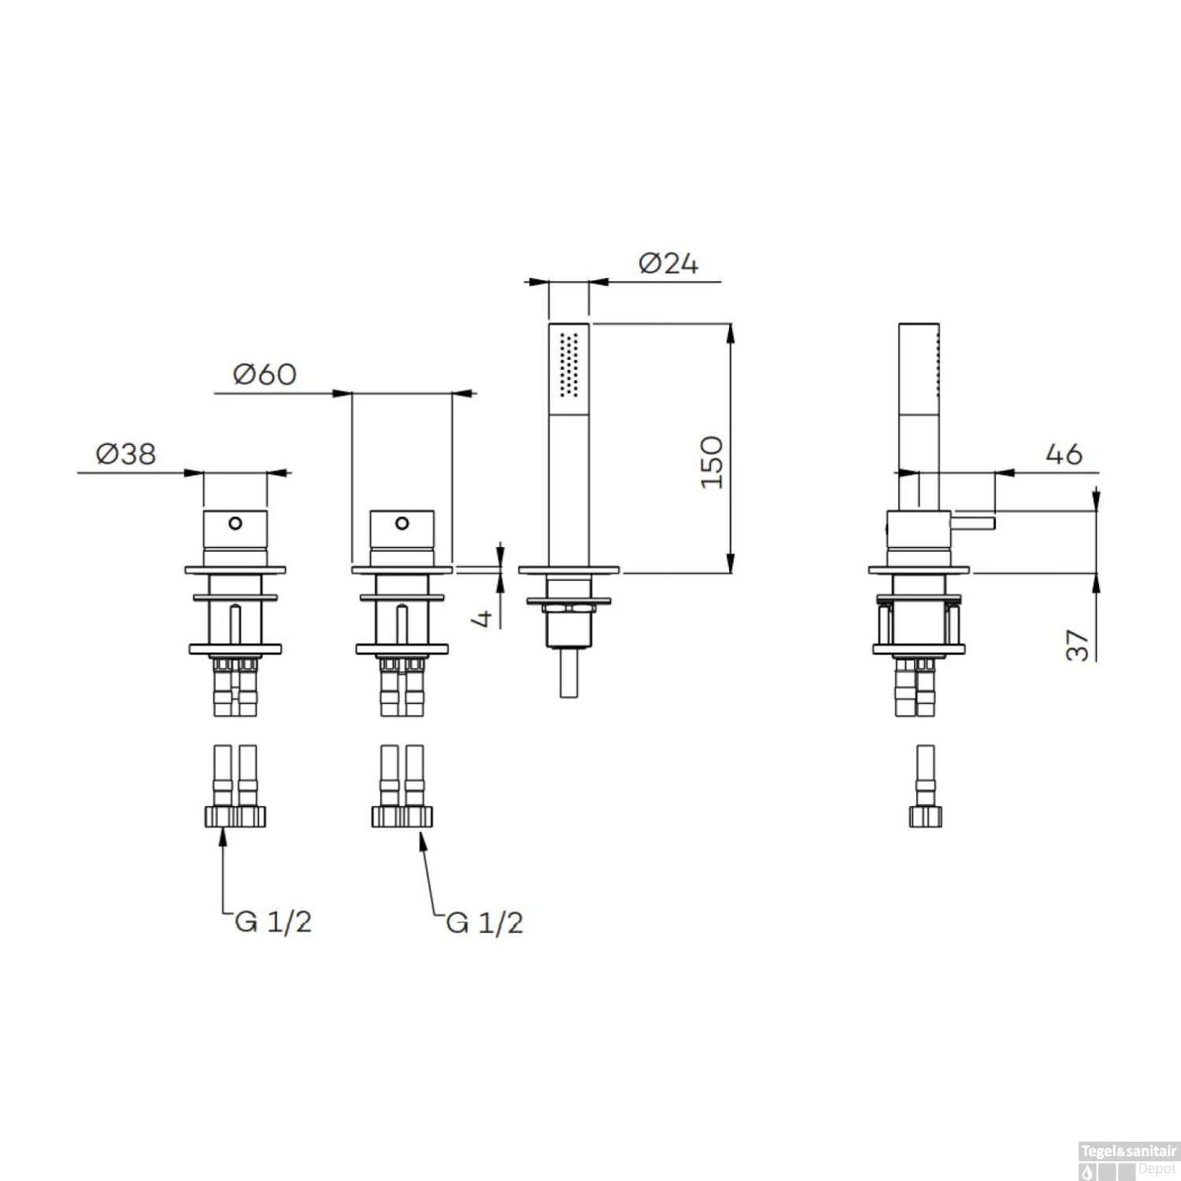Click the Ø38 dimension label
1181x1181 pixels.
click(x=126, y=454)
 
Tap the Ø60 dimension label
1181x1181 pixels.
click(x=265, y=374)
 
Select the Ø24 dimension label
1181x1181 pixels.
click(x=668, y=263)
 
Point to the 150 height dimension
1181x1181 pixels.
click(x=712, y=462)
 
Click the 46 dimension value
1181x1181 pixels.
click(x=1064, y=454)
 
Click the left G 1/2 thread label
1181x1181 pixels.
click(x=273, y=921)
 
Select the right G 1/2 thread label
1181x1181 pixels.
click(x=484, y=922)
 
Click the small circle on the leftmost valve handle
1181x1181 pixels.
click(x=235, y=523)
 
